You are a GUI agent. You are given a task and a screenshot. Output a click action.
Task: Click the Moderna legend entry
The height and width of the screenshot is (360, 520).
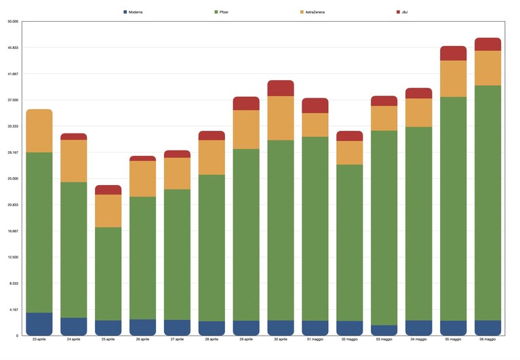tap(133, 12)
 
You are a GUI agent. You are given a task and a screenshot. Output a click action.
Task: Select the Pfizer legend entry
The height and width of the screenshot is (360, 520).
tap(222, 12)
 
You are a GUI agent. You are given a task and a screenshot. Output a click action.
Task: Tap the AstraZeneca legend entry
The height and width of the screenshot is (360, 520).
tap(313, 12)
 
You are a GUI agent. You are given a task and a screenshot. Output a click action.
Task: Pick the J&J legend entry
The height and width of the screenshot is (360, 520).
tap(402, 12)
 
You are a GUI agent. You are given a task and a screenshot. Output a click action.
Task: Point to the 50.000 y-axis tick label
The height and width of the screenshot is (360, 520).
tap(13, 22)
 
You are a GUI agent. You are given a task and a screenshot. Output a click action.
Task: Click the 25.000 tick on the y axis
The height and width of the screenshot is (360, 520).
tap(13, 179)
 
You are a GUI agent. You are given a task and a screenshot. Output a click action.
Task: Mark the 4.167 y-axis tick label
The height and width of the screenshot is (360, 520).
tap(14, 310)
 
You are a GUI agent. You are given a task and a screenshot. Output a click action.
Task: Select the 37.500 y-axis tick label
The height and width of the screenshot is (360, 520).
tap(13, 100)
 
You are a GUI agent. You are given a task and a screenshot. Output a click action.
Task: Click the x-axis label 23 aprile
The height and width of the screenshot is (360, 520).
tap(39, 339)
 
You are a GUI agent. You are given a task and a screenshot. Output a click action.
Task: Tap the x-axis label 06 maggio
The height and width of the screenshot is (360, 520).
tap(487, 339)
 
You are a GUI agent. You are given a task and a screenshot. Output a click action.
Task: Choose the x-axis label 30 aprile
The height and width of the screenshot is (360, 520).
tap(281, 339)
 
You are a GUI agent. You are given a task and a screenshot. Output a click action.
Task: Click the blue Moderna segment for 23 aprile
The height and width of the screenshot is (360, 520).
tap(39, 324)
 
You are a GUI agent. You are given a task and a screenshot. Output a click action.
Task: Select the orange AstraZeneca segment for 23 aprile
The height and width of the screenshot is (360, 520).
tap(39, 131)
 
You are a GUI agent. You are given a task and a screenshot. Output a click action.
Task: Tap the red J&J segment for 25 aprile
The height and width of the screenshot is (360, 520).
tap(108, 190)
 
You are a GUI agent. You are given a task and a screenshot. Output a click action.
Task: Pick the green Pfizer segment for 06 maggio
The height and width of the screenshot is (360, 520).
tap(488, 203)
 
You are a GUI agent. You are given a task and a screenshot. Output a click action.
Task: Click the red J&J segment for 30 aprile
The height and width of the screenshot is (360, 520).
tap(281, 88)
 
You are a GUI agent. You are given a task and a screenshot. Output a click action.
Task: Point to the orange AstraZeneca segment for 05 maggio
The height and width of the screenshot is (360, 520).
tap(454, 79)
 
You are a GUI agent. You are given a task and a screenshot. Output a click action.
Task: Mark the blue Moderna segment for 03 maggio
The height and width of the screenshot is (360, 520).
tap(384, 330)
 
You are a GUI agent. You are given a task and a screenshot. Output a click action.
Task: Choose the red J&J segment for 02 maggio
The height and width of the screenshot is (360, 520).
tap(350, 136)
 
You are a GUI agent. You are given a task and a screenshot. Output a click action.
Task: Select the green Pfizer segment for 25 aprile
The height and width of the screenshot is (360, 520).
tap(108, 274)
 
